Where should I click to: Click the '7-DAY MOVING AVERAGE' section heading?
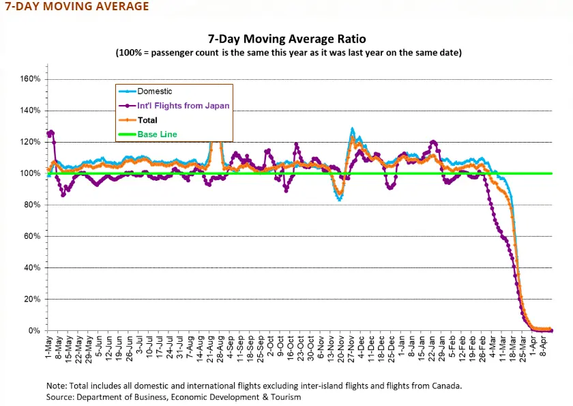click(76, 7)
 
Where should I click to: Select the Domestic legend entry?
click(155, 91)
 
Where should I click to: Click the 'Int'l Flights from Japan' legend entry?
click(183, 105)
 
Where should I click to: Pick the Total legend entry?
click(148, 120)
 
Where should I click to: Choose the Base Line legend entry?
click(157, 134)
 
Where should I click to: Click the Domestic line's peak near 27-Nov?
click(352, 128)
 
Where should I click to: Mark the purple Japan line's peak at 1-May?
click(50, 132)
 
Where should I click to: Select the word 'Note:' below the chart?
click(58, 385)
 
